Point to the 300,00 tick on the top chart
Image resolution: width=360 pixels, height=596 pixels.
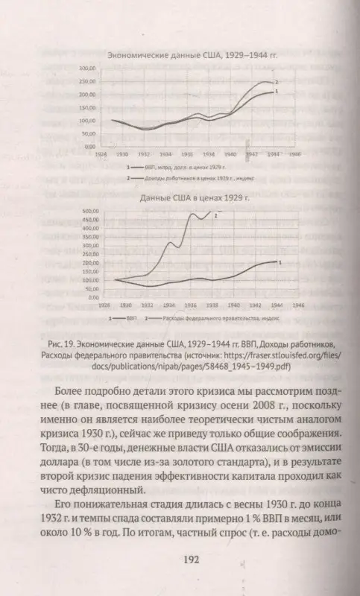[x=87, y=68]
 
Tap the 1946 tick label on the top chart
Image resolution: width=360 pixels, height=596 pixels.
[x=295, y=154]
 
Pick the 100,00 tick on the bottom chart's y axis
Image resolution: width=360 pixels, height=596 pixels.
[x=89, y=279]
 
